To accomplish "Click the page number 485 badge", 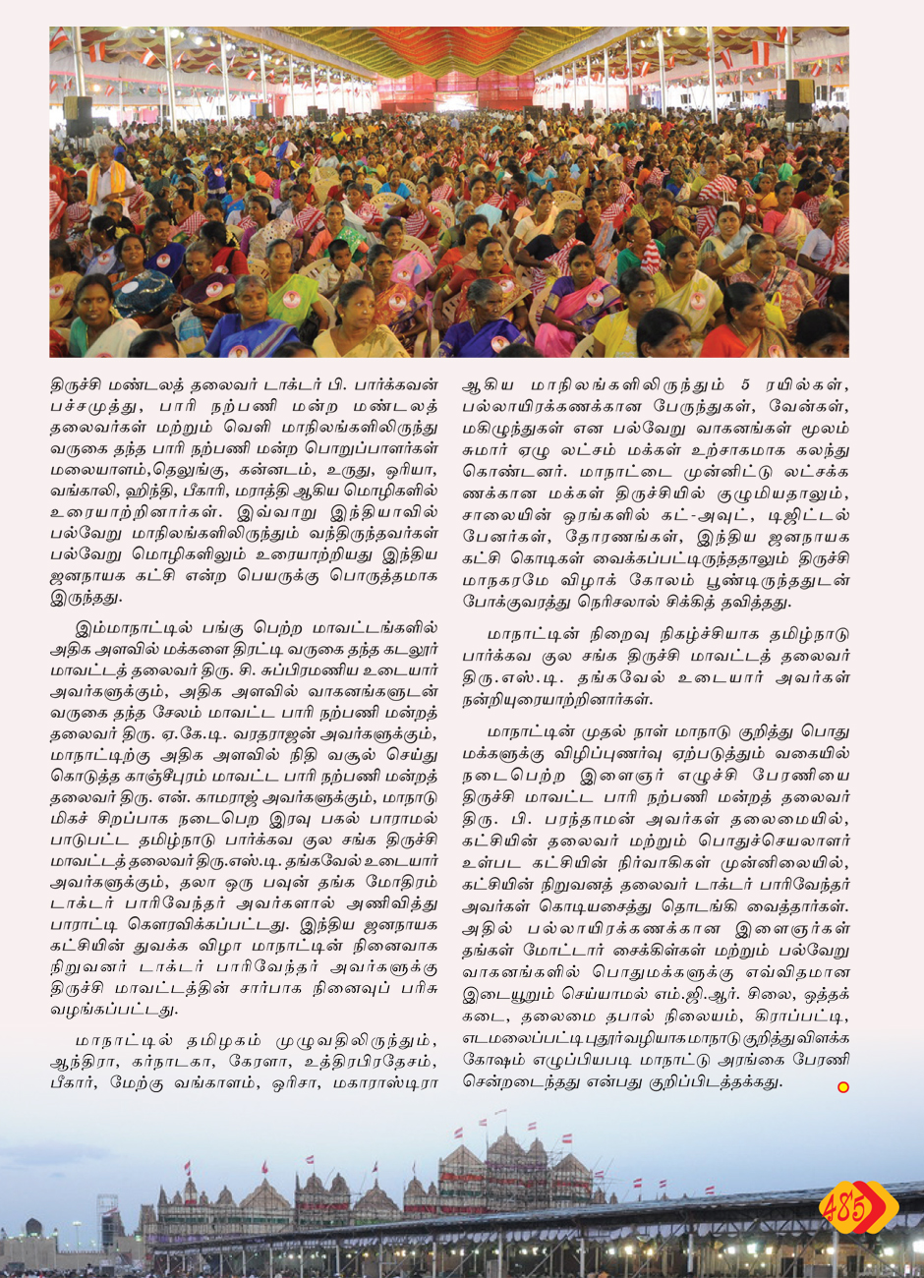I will (857, 1207).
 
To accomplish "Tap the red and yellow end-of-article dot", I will (842, 1086).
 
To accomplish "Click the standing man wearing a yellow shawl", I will (108, 182).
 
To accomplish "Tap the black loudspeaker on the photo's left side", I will (77, 115).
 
